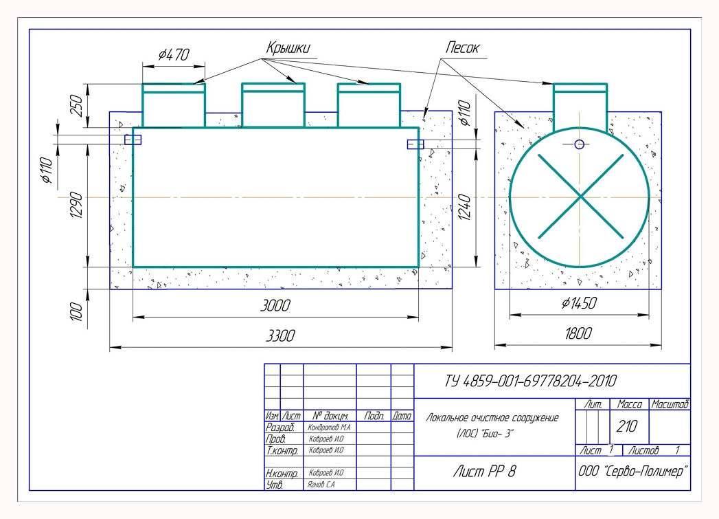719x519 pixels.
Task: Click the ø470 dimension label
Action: point(174,55)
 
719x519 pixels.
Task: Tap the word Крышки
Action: point(288,47)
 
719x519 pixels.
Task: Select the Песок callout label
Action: point(462,47)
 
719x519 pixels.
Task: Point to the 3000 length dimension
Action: point(275,305)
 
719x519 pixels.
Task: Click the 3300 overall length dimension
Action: point(280,336)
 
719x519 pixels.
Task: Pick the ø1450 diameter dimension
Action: point(579,303)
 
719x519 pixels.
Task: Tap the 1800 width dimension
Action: point(578,333)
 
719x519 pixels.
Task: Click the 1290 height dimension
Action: point(77,205)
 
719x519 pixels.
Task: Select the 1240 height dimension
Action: point(464,208)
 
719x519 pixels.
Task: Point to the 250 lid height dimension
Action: point(76,106)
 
